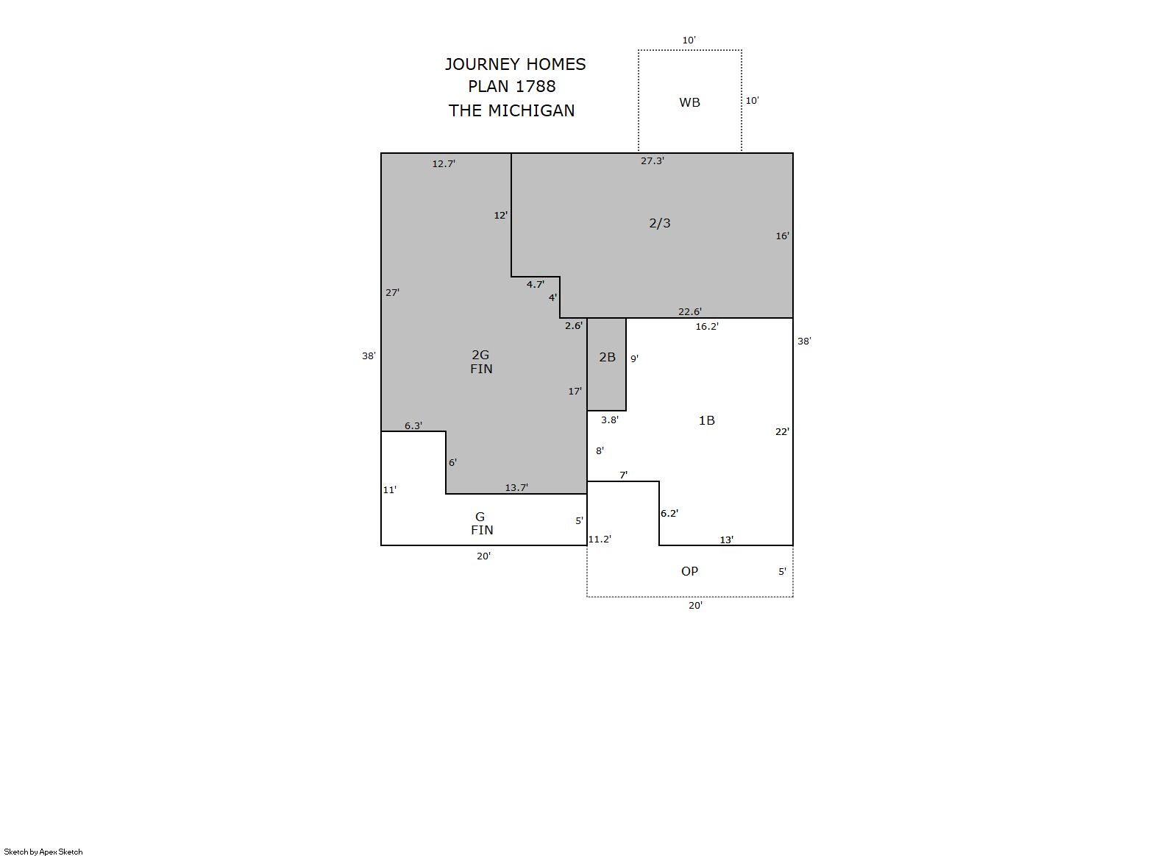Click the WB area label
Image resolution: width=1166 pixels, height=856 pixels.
point(690,102)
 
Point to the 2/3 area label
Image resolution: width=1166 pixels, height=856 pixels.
point(660,223)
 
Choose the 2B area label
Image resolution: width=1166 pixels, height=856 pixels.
point(607,357)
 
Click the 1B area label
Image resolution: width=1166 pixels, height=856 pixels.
point(706,421)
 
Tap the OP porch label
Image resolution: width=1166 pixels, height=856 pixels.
point(690,572)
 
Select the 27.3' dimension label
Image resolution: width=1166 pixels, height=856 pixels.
point(653,161)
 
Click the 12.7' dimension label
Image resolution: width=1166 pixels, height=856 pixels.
point(444,164)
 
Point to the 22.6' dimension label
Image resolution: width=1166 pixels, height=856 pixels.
point(690,312)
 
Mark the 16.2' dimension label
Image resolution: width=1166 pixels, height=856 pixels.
point(707,327)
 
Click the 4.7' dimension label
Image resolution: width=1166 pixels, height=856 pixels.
point(535,285)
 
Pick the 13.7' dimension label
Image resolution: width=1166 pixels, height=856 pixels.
point(516,488)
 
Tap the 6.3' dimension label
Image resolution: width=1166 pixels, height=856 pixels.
point(413,426)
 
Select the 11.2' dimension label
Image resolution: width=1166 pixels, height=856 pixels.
point(600,540)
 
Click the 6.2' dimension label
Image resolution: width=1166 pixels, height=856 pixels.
point(669,514)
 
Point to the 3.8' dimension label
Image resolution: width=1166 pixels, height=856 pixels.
point(610,420)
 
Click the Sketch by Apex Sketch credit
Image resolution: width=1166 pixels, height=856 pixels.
point(43,852)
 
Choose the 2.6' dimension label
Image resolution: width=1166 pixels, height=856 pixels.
point(574,326)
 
